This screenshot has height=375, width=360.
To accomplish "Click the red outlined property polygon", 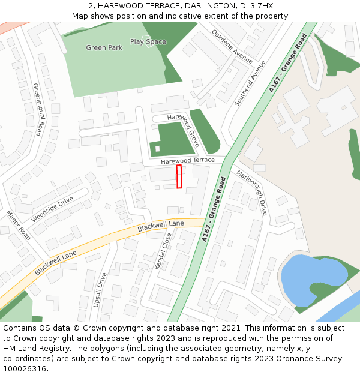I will point(179,176).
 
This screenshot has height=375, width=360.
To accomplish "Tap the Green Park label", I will point(104,47).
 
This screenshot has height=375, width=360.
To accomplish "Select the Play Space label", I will point(148,42).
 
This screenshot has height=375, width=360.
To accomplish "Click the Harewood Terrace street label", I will point(187,161).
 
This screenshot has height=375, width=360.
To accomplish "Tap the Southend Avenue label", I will point(250,83).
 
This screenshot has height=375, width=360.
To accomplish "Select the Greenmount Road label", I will point(40,109).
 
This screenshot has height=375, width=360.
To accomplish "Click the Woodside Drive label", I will point(52,209).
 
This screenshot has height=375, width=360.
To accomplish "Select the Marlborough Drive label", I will point(252,193).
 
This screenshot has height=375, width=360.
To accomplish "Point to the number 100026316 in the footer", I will point(25,368).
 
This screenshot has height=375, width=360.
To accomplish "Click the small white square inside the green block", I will point(158,148).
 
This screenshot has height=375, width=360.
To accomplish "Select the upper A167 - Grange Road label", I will point(288,63).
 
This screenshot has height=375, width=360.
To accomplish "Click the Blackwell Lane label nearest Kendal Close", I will point(160,226).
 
